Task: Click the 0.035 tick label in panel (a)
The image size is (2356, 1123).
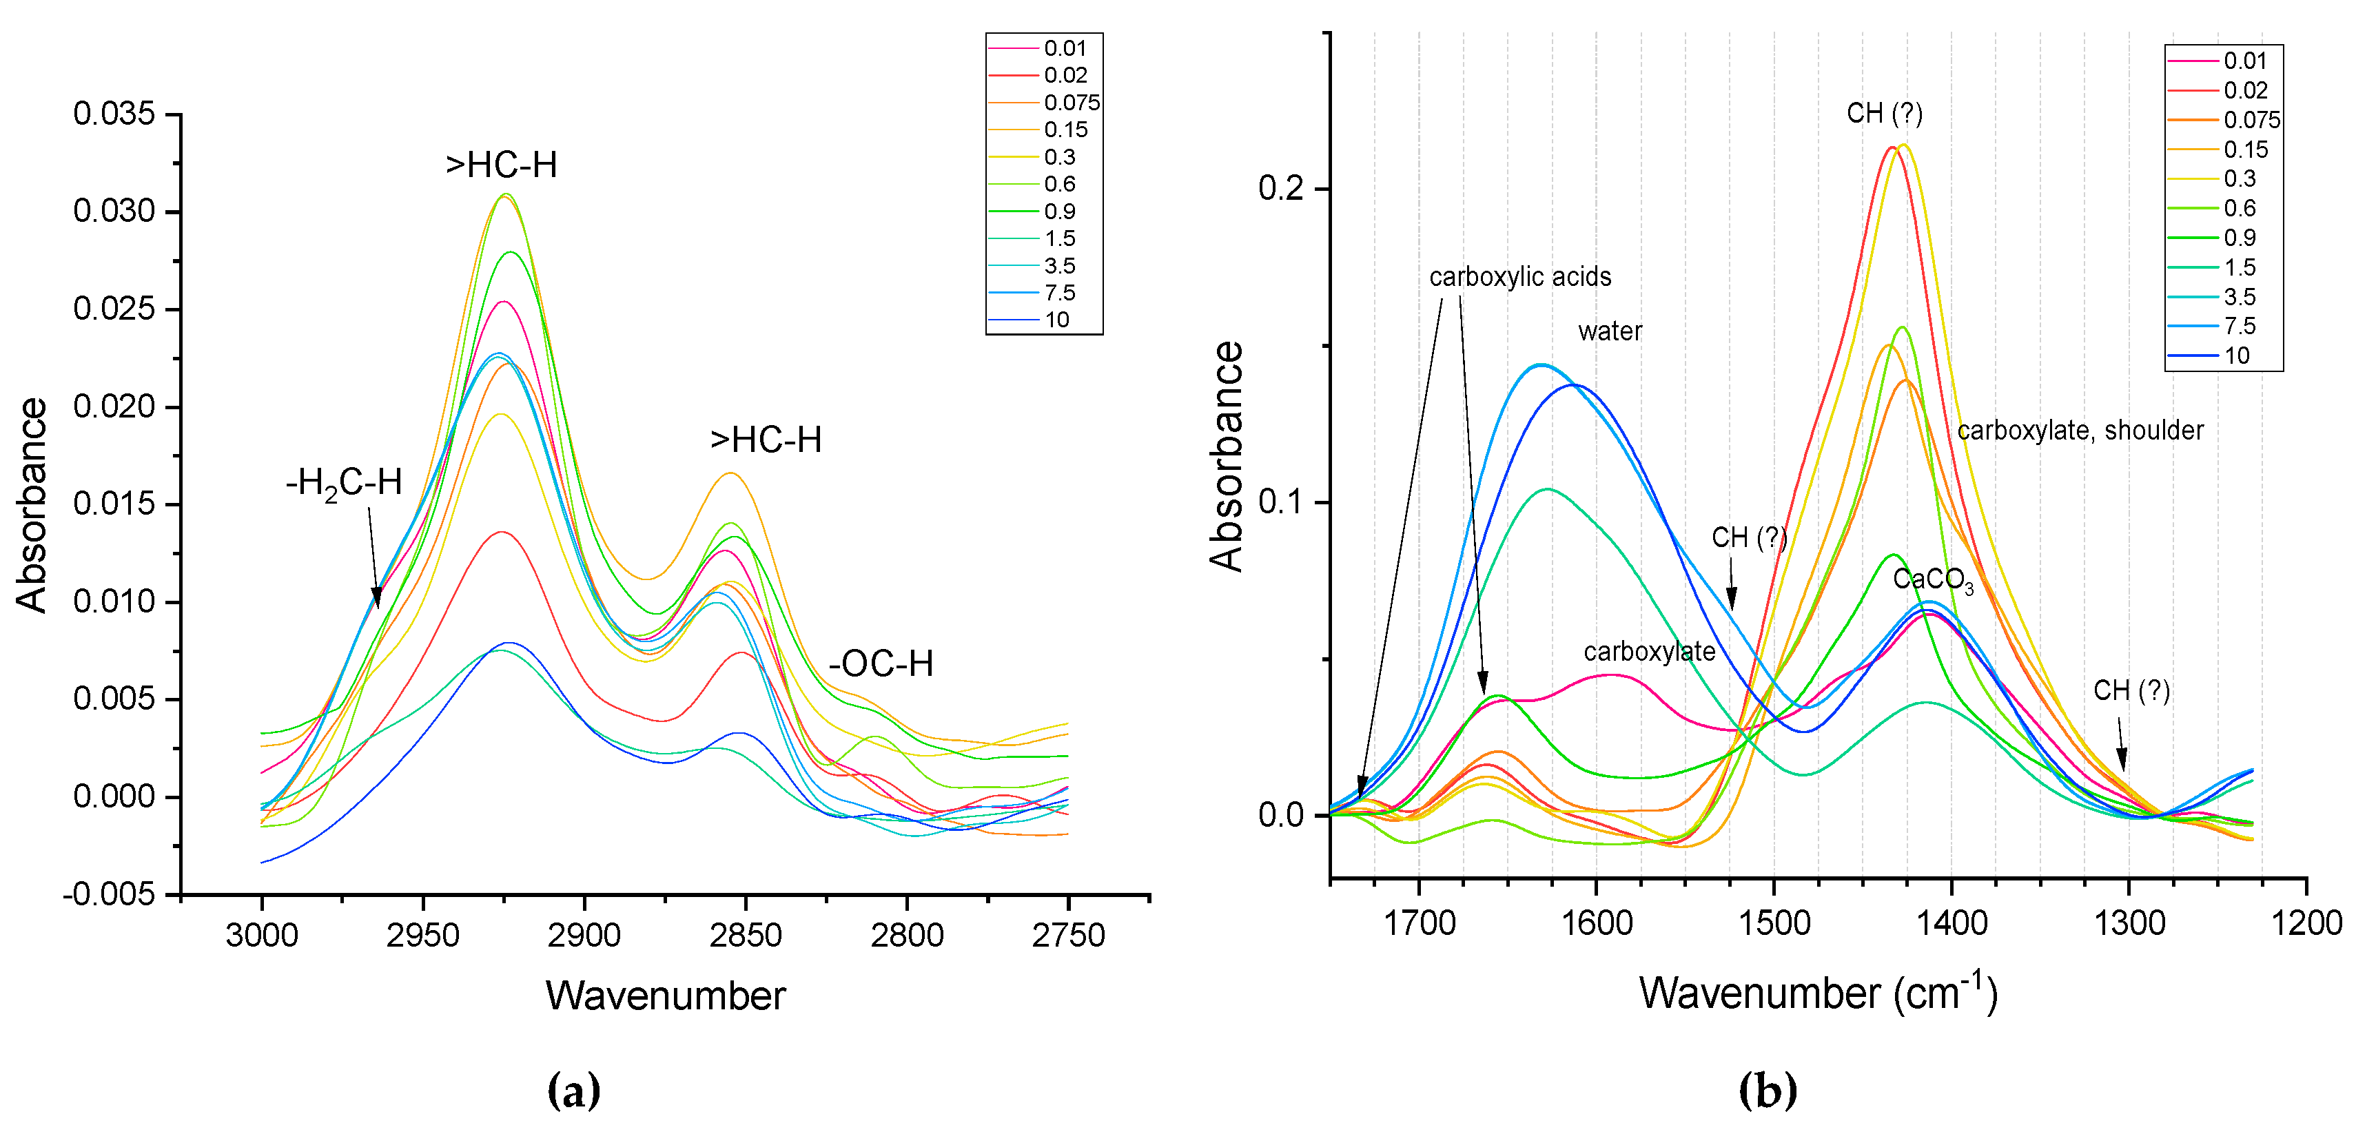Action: tap(114, 114)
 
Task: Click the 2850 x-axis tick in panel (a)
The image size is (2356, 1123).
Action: tap(746, 935)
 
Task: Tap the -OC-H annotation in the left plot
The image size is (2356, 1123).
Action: tap(881, 664)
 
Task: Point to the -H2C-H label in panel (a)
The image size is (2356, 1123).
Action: tap(344, 483)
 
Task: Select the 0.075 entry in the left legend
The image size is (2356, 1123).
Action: tap(1071, 103)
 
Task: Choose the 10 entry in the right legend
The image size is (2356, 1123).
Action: tap(2236, 356)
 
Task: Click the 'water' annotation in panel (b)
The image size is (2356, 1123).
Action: tap(1609, 331)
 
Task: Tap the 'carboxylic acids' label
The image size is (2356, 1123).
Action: tap(1519, 277)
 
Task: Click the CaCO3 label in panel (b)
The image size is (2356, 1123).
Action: tap(1932, 580)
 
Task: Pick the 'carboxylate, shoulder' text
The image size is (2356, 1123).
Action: tap(2080, 430)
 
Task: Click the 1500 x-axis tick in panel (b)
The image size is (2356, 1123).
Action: tap(1774, 923)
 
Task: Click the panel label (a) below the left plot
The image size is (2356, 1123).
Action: tap(573, 1090)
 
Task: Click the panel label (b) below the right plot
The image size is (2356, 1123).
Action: tap(1767, 1090)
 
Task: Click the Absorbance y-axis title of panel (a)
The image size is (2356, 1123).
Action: tap(32, 505)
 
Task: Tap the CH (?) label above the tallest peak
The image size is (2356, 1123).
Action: tap(1884, 114)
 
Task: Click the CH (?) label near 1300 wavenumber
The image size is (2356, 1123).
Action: tap(2131, 690)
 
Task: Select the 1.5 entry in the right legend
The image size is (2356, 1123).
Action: tap(2239, 267)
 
